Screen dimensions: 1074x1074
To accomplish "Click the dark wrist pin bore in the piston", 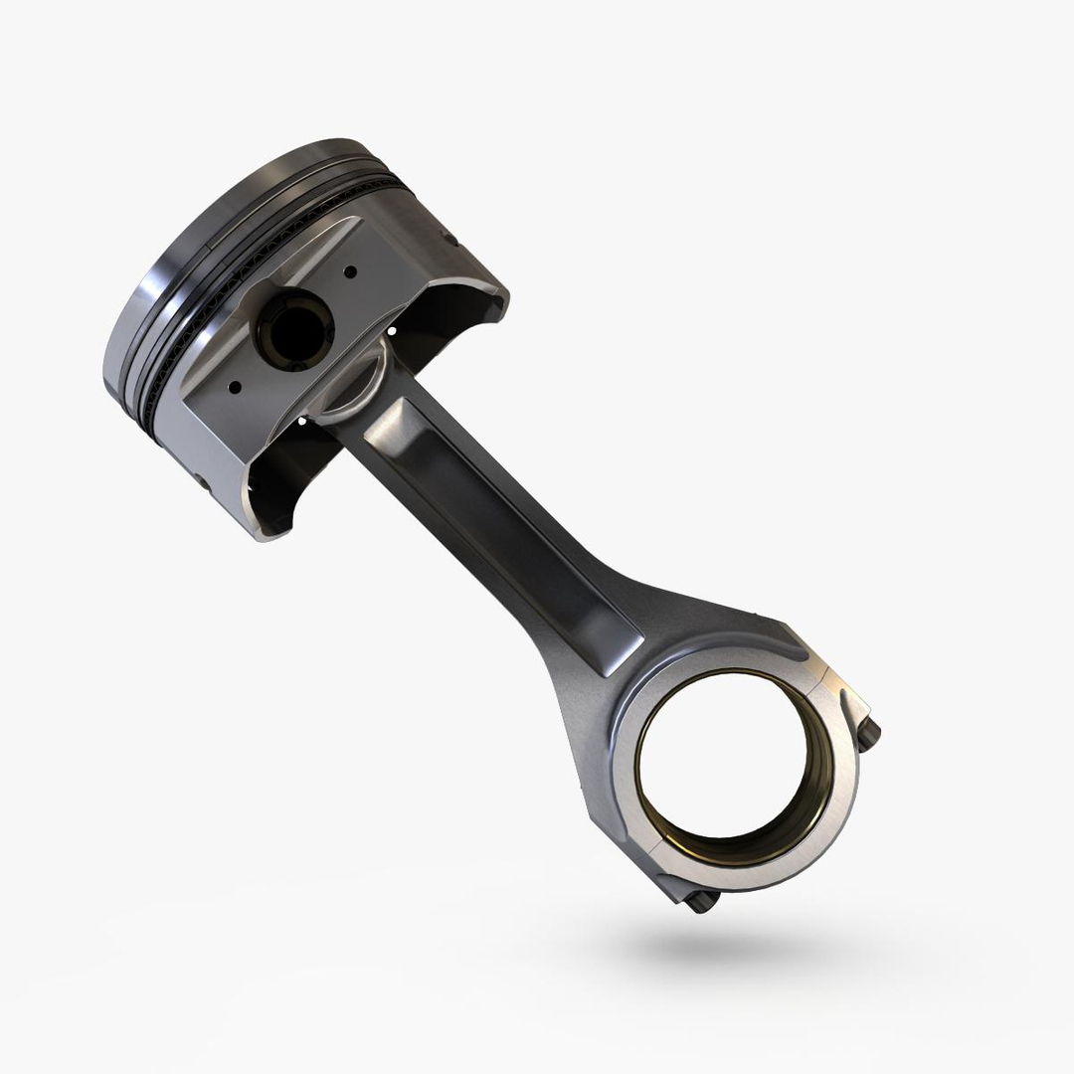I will pos(294,328).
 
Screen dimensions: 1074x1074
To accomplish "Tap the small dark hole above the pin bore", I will pos(350,269).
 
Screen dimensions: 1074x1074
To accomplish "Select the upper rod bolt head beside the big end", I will pos(868,734).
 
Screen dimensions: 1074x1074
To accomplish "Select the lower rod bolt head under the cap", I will pos(702,901).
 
